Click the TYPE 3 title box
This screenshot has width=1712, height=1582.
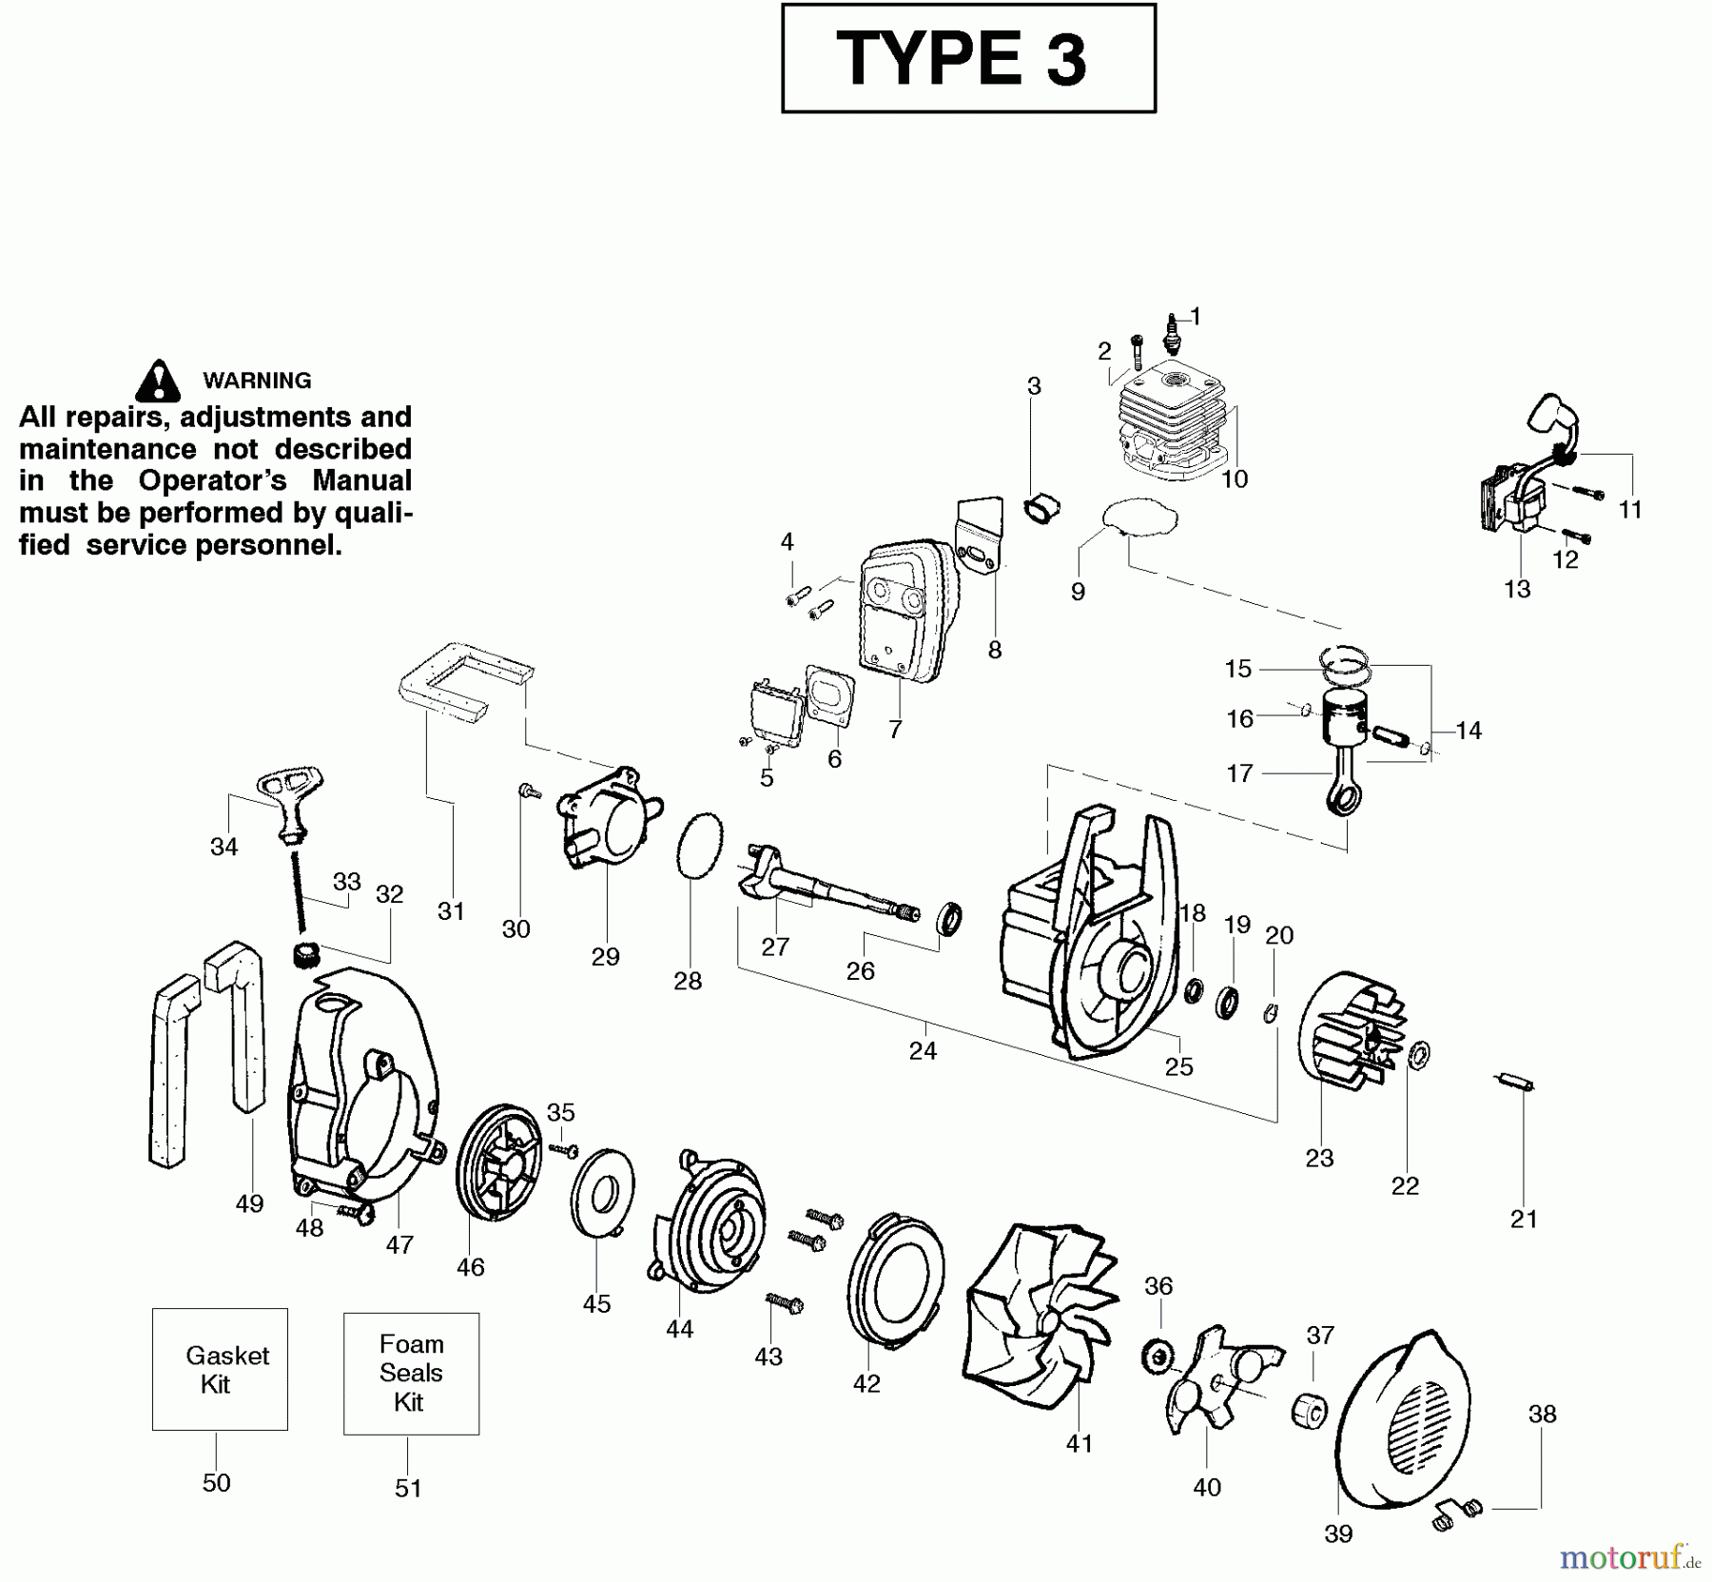[x=968, y=58]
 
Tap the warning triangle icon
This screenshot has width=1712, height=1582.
[x=158, y=381]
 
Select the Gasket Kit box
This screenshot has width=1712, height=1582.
[x=220, y=1369]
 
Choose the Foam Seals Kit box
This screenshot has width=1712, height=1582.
[x=411, y=1373]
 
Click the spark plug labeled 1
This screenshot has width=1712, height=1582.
[x=1172, y=333]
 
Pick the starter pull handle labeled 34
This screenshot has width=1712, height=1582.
[x=290, y=799]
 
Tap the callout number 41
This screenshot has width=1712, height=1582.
[x=1079, y=1444]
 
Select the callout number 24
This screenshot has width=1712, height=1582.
[x=923, y=1051]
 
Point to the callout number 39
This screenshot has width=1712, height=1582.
[x=1338, y=1533]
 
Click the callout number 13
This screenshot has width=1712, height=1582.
[x=1517, y=589]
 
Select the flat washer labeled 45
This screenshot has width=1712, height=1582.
[x=602, y=1194]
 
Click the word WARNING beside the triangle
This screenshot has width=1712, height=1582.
[x=257, y=381]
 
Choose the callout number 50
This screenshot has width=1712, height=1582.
[x=216, y=1483]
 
